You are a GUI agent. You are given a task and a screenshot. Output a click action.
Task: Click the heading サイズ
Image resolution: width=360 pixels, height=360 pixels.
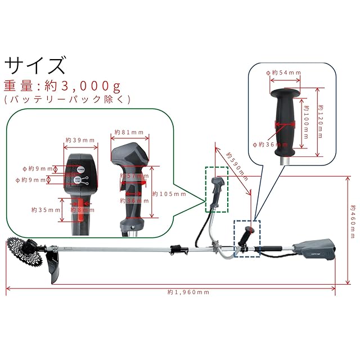click(x=34, y=65)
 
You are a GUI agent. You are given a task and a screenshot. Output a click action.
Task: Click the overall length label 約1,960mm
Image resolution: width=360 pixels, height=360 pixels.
click(x=188, y=292)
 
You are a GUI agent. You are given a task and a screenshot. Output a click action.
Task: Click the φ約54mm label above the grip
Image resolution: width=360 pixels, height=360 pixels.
click(x=283, y=73)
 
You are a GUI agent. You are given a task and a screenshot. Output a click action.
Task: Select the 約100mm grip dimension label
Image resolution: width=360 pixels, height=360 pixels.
click(x=306, y=122)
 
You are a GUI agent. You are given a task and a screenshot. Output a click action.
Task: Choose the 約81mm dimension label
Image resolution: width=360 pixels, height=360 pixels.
click(x=128, y=133)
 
